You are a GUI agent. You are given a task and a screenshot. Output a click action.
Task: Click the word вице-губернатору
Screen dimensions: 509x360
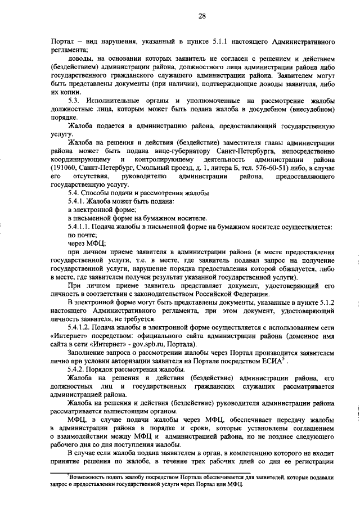179,152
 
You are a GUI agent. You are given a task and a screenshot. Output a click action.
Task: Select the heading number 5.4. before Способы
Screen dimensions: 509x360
75,193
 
